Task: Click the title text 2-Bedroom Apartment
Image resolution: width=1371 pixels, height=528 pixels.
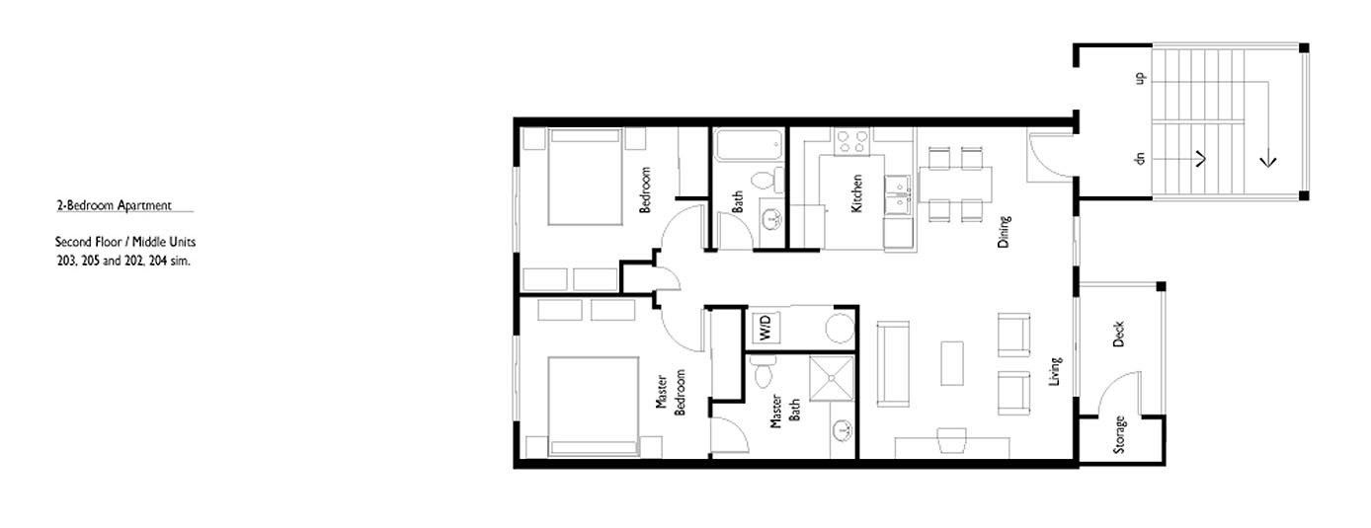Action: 115,205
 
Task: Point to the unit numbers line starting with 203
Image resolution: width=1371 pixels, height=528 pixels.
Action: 122,261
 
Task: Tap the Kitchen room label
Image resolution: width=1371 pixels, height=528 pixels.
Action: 856,194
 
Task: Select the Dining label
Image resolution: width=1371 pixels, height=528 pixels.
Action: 1004,231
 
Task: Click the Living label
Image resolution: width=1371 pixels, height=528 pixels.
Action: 1055,371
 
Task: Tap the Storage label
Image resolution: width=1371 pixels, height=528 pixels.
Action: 1119,435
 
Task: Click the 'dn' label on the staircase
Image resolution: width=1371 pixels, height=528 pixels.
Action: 1139,158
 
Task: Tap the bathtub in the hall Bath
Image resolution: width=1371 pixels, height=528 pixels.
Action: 749,148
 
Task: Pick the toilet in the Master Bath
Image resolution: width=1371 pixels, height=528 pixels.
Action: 762,374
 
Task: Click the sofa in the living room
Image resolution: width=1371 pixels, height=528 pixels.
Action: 893,363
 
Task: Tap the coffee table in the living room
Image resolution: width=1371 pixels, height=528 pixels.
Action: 952,363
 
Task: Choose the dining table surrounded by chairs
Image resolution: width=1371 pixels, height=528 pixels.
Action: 955,183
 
